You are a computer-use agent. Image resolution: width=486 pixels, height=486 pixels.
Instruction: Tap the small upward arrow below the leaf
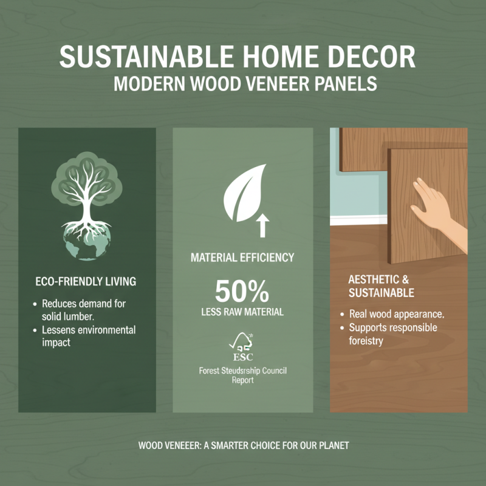click(263, 227)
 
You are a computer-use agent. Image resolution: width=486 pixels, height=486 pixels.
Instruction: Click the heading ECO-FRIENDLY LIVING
click(86, 282)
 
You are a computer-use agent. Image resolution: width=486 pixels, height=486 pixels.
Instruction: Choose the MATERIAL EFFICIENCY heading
click(242, 258)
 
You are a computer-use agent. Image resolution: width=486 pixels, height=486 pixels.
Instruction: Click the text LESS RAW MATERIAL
click(242, 312)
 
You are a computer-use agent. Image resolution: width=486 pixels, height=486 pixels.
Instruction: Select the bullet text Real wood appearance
click(397, 315)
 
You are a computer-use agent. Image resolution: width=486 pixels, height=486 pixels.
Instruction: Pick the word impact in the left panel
click(56, 342)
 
